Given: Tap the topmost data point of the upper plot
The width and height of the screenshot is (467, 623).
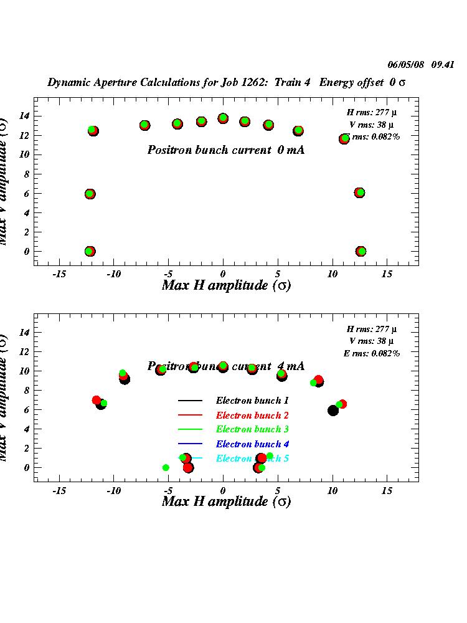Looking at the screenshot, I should click(223, 118).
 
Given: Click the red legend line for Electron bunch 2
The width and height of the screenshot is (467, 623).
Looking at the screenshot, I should click(191, 415).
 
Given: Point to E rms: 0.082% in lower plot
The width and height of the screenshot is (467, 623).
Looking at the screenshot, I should click(372, 353).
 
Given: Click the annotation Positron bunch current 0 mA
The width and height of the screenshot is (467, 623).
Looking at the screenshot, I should click(226, 150).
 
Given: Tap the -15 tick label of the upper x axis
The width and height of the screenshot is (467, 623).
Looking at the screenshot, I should click(60, 274).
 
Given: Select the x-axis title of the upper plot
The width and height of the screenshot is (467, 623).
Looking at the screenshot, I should click(226, 286).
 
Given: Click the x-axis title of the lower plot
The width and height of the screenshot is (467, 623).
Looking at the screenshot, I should click(226, 502).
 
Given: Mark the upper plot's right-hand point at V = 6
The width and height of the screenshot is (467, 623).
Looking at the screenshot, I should click(359, 193).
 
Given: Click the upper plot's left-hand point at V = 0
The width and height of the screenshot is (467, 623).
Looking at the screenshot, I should click(90, 251).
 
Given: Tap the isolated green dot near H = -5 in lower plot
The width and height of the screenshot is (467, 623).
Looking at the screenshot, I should click(166, 467).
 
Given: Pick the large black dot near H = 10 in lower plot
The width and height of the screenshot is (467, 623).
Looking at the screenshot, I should click(333, 410).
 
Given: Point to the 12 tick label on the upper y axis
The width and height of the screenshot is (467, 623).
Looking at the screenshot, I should click(23, 135).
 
